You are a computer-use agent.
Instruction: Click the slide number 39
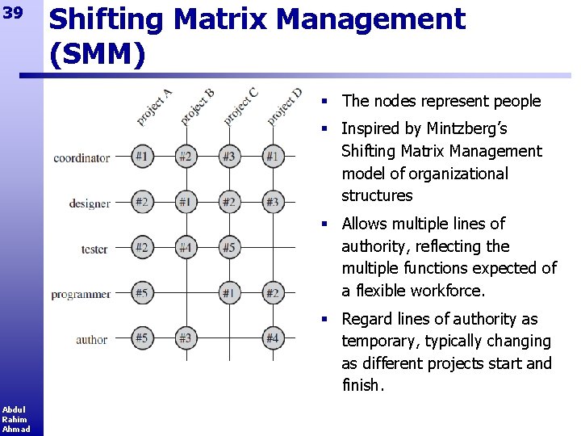point(13,15)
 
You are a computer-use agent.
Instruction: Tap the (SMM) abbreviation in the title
point(97,54)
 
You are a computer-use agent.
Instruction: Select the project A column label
point(153,107)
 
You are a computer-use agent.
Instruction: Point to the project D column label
point(284,106)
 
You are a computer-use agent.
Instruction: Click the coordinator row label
point(82,157)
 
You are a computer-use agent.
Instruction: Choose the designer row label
point(90,203)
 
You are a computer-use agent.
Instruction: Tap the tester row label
point(94,249)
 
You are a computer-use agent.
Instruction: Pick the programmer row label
point(81,294)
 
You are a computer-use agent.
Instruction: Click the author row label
point(92,339)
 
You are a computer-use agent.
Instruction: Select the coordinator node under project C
point(229,157)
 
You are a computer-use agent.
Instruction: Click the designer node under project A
point(142,202)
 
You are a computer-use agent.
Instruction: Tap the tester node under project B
point(186,248)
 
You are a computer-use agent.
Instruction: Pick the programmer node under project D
point(273,293)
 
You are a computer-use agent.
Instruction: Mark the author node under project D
point(273,338)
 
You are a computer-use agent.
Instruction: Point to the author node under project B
point(186,338)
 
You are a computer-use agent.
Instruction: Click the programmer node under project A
point(142,293)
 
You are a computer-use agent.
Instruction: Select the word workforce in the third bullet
point(445,290)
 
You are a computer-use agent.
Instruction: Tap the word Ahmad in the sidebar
point(15,429)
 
